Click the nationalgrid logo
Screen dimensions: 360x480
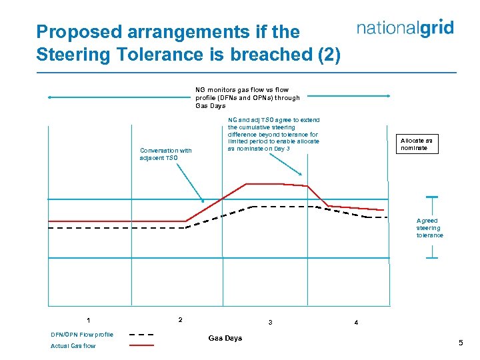click(x=405, y=28)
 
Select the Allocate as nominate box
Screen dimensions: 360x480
click(x=416, y=144)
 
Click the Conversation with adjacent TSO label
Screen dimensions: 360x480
click(x=165, y=154)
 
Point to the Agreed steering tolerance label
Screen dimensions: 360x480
click(x=429, y=228)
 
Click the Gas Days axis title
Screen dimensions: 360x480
click(x=225, y=339)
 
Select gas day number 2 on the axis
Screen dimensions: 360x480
click(x=180, y=319)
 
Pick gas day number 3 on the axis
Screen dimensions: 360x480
click(x=270, y=323)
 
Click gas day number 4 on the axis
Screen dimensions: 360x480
click(x=356, y=323)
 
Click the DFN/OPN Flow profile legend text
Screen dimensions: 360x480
click(x=82, y=335)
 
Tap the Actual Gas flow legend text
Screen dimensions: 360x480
click(x=73, y=346)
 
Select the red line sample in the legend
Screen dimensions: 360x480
click(x=141, y=345)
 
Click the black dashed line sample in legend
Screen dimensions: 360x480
click(x=141, y=335)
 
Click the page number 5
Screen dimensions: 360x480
click(x=460, y=343)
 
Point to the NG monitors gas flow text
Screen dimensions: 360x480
click(x=247, y=97)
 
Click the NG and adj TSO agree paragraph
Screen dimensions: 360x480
click(x=273, y=135)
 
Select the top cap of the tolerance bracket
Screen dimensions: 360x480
click(x=431, y=197)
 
